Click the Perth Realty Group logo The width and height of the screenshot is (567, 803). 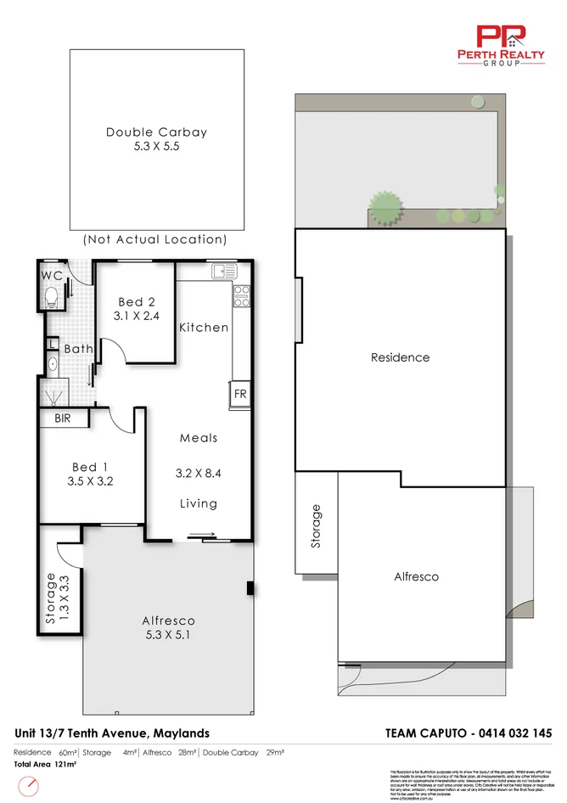(502, 44)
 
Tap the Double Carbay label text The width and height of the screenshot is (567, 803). (156, 132)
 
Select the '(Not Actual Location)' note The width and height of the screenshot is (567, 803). (155, 240)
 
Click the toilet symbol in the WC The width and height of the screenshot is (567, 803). (51, 296)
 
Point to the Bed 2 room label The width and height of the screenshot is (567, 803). (136, 302)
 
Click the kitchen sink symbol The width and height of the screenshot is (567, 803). (225, 272)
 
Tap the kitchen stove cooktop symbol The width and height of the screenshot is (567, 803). (241, 295)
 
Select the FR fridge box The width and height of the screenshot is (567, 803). (240, 395)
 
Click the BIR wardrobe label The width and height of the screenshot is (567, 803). (63, 418)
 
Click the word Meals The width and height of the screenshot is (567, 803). (199, 438)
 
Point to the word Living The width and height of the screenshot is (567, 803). (199, 503)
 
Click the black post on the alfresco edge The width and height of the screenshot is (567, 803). (250, 588)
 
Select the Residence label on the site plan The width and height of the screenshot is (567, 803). (400, 357)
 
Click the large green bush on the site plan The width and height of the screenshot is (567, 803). (385, 206)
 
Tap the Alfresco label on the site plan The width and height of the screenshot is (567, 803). (417, 577)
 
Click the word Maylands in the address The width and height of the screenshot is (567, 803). (179, 733)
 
